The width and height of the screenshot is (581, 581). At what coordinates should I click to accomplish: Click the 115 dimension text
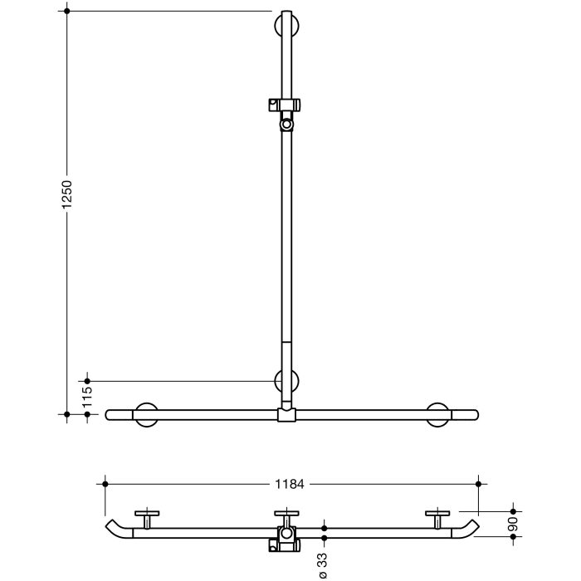coord(87,396)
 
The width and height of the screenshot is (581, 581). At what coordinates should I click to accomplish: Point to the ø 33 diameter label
coord(324,564)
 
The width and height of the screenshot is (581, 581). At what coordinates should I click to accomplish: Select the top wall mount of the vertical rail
coord(286,24)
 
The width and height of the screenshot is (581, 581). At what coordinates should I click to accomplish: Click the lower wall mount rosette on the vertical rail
coord(286,381)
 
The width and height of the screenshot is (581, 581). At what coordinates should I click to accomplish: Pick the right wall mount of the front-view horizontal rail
coord(438,413)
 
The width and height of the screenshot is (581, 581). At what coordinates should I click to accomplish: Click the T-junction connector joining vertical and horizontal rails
coord(286,413)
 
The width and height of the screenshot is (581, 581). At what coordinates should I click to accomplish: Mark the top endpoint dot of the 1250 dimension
coord(67,11)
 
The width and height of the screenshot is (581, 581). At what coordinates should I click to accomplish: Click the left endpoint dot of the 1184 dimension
coord(105,482)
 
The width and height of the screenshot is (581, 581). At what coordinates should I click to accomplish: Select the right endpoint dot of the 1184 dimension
coord(478,482)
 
